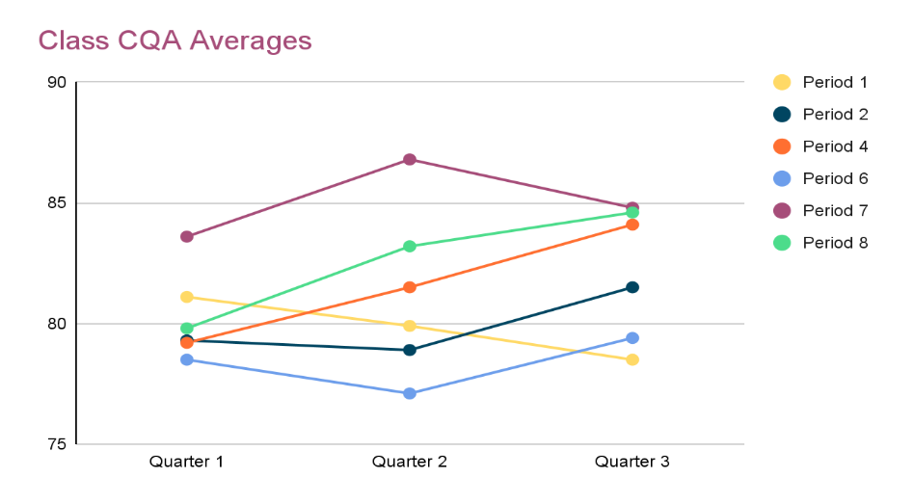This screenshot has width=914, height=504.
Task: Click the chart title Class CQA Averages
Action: tap(175, 40)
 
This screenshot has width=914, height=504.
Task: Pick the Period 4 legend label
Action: tap(835, 146)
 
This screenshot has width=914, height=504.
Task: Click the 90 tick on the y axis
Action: tap(57, 82)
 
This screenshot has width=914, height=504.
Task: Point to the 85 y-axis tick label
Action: tap(57, 203)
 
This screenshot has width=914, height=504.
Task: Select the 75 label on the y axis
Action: tap(57, 444)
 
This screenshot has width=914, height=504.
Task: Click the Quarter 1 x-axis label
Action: tap(186, 462)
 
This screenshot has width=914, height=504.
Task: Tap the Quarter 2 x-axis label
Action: tap(410, 462)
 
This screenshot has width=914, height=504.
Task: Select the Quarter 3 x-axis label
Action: tap(632, 462)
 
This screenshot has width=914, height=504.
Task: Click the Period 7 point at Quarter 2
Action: tap(410, 159)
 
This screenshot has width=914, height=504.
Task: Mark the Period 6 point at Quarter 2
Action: tap(410, 393)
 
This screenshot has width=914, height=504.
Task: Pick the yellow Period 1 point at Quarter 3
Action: tap(632, 359)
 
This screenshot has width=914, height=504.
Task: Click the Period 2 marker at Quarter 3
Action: tap(632, 287)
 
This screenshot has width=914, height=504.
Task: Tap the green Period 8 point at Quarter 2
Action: tap(410, 246)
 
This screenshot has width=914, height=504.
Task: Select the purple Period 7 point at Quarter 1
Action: tap(186, 236)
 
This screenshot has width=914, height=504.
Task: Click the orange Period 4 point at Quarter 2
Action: tap(410, 287)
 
